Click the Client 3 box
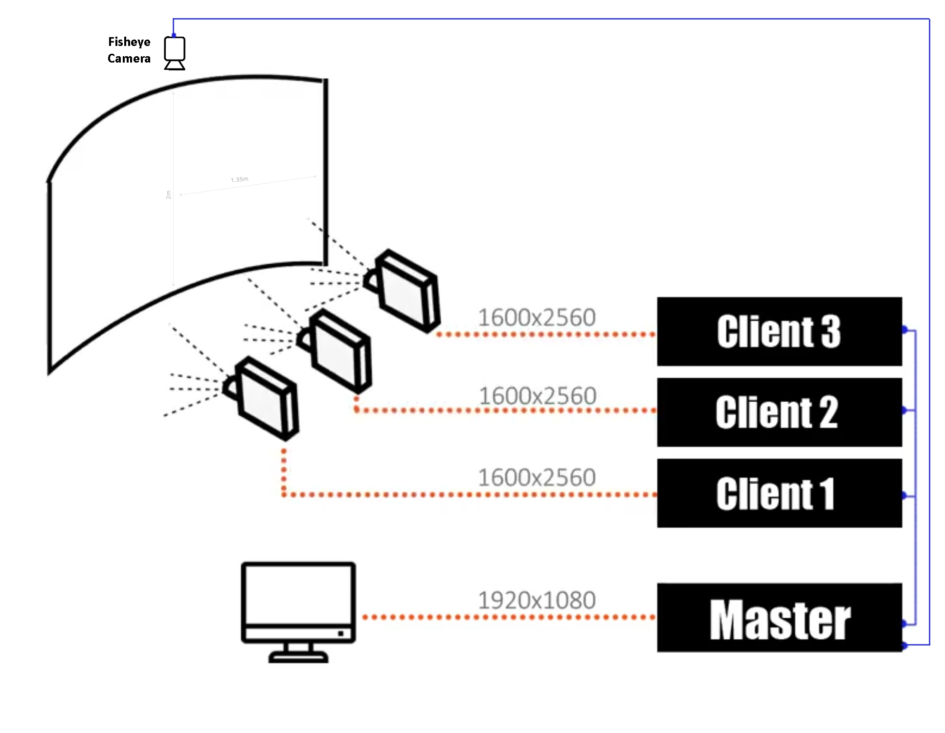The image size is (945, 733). click(x=779, y=331)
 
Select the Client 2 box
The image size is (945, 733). click(x=779, y=412)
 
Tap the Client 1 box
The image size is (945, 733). click(x=779, y=493)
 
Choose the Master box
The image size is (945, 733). click(x=779, y=618)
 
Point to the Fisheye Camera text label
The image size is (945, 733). click(x=129, y=50)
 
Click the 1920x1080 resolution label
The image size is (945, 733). click(x=537, y=600)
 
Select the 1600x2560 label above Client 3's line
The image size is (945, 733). click(x=537, y=318)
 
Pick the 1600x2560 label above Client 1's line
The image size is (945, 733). click(x=537, y=477)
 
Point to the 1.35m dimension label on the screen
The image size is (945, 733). click(x=239, y=179)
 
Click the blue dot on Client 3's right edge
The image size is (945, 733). click(x=904, y=329)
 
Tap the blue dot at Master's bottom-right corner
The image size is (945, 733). click(x=904, y=646)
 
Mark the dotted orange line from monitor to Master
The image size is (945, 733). click(x=509, y=617)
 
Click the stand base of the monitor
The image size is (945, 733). click(x=298, y=658)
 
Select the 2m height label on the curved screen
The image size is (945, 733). click(x=169, y=194)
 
